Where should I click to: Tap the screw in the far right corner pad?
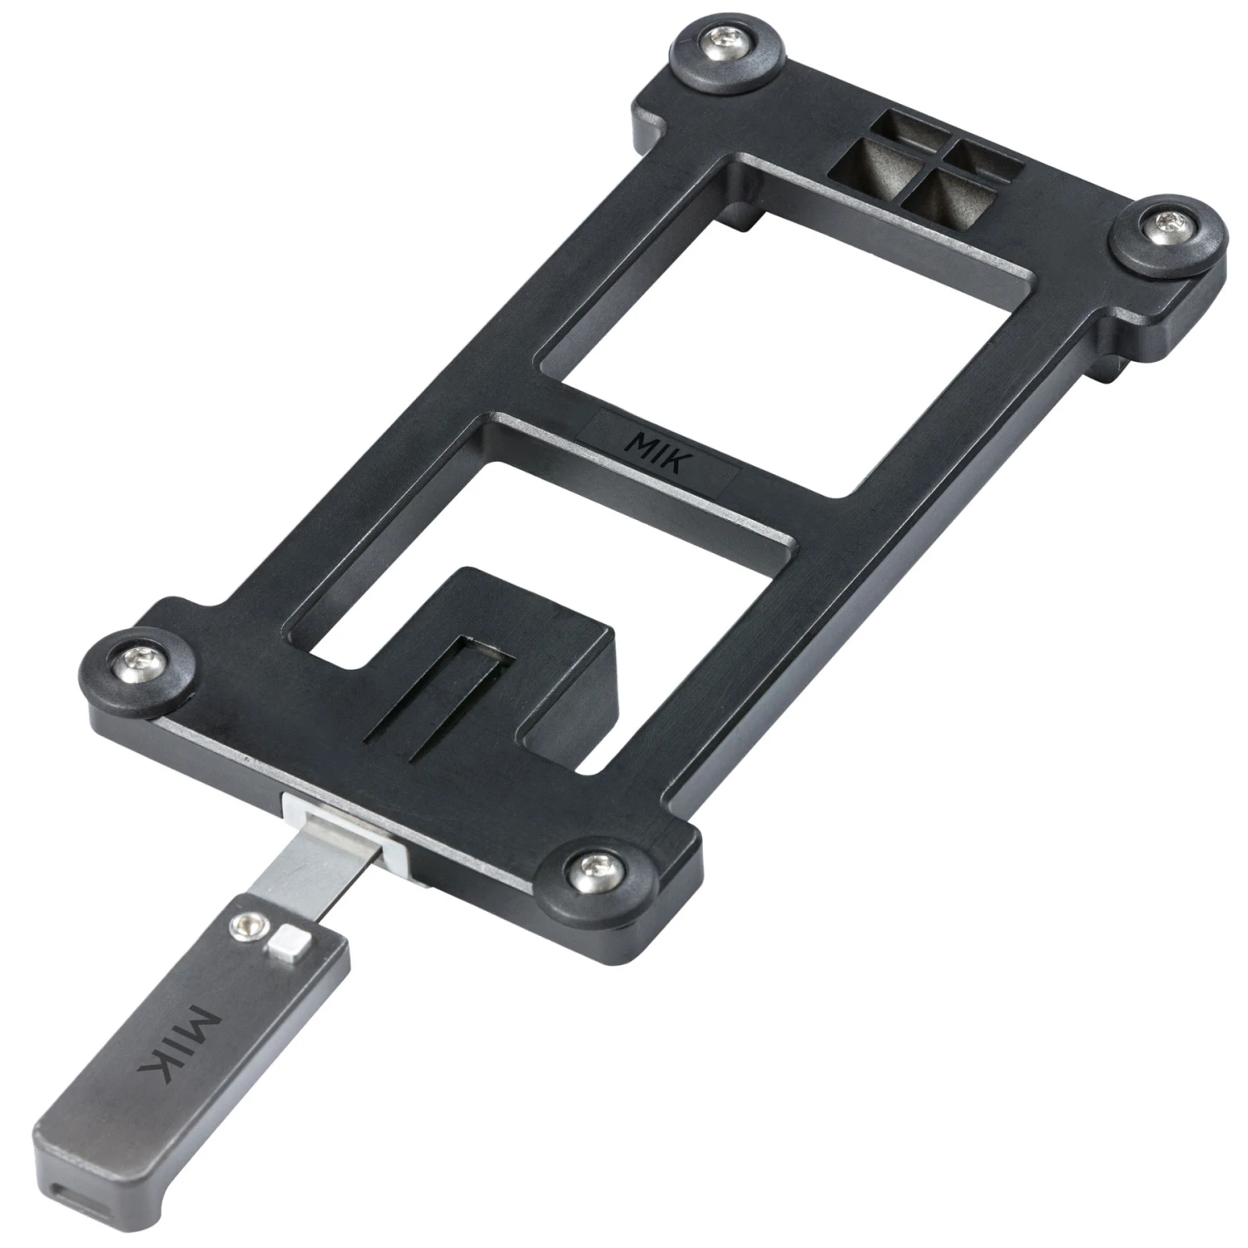click(1171, 224)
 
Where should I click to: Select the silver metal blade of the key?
click(329, 865)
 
